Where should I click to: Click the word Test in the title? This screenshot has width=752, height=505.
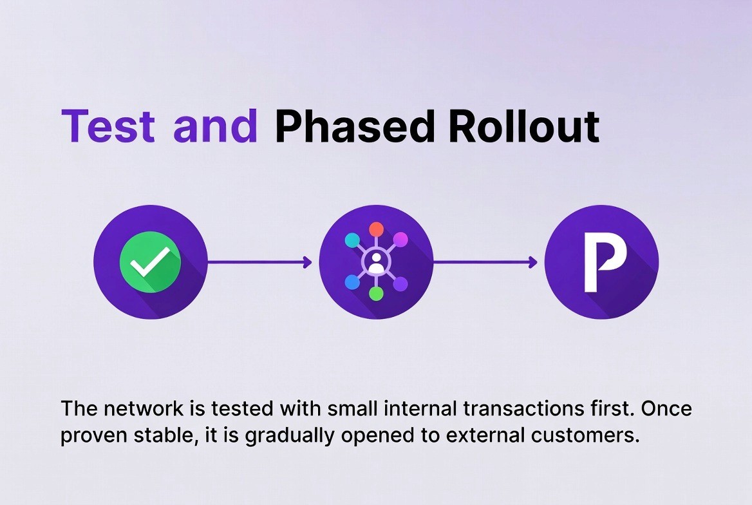108,126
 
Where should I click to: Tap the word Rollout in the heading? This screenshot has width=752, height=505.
523,126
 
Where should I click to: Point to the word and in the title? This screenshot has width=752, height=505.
215,126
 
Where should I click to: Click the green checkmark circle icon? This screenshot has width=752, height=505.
150,262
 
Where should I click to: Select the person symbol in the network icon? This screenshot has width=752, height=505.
376,262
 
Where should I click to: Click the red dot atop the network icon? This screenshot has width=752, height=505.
376,229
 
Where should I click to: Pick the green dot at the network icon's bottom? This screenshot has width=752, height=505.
376,294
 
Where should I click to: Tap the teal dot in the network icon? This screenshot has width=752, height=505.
352,240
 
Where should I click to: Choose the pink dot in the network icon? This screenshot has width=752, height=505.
400,240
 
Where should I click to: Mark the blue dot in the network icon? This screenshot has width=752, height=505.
352,282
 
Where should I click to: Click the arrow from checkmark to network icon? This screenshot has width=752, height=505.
259,262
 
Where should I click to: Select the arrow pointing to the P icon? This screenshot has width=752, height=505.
484,262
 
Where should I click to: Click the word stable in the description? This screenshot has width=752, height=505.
159,436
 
